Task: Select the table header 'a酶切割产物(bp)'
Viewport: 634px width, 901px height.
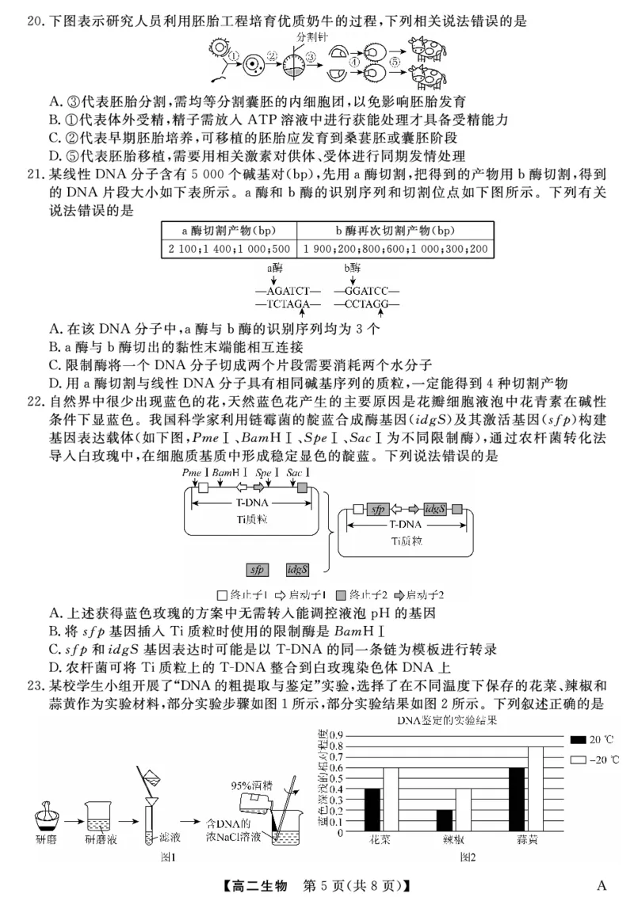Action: pyautogui.click(x=228, y=230)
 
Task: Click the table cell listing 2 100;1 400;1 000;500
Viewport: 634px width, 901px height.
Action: pyautogui.click(x=228, y=249)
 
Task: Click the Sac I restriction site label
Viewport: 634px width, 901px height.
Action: pyautogui.click(x=298, y=473)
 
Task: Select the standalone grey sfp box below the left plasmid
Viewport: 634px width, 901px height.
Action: pyautogui.click(x=258, y=569)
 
